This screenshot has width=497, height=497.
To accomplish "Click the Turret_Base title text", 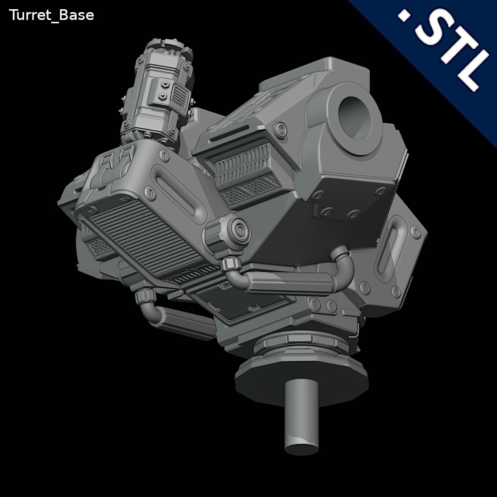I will pos(51,15).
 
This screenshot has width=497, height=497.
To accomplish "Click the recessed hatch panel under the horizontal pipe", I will pos(243,303).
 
